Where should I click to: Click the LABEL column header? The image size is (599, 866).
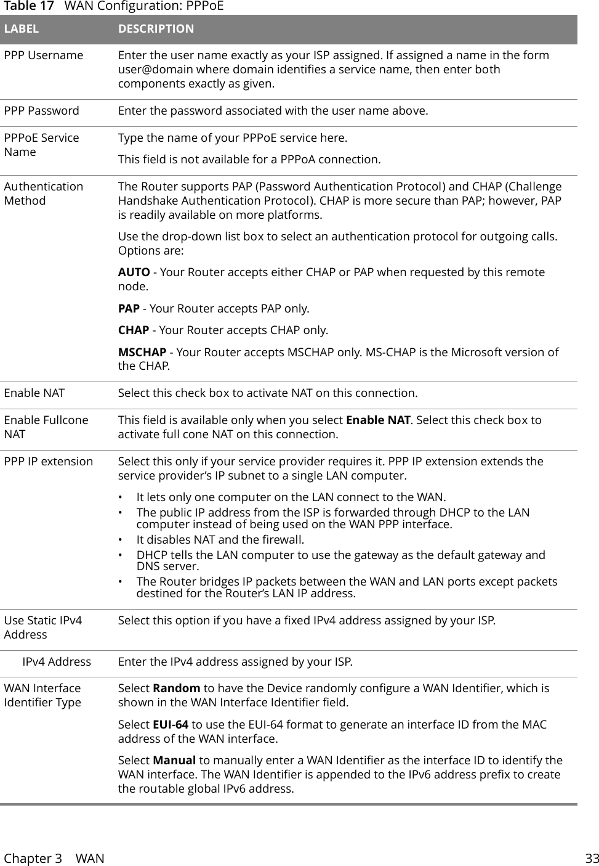[x=22, y=29]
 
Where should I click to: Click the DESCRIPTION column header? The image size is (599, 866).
[x=156, y=29]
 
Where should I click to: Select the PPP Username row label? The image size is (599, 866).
[x=44, y=55]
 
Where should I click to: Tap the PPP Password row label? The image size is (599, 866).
[x=42, y=111]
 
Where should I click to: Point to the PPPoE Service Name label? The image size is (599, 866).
[x=41, y=145]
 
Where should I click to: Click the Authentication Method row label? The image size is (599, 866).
[x=43, y=194]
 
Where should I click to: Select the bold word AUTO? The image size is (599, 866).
[x=134, y=272]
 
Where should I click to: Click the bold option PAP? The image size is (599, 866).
[x=128, y=308]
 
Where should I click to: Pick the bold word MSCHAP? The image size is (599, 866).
[x=142, y=352]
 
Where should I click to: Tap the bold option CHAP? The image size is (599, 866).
[x=133, y=330]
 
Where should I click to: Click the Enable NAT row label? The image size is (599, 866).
[x=34, y=393]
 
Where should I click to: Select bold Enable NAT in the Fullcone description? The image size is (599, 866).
[x=378, y=420]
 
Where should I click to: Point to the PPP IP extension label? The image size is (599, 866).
[x=49, y=462]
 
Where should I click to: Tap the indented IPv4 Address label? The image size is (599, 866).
[x=57, y=662]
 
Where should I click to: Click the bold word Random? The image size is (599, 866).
[x=176, y=688]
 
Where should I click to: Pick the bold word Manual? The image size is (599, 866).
[x=174, y=761]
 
